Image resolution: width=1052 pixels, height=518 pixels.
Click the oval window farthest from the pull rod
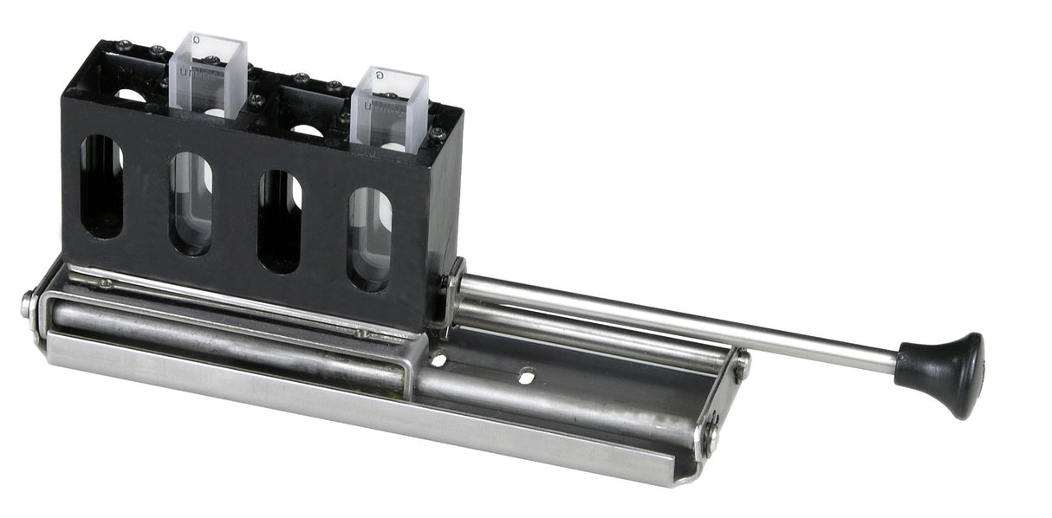(x=102, y=186)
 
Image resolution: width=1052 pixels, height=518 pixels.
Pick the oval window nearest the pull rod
(x=370, y=239)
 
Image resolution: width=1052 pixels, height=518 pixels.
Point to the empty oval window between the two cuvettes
(x=281, y=221)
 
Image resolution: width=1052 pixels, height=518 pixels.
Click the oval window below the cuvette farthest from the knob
(x=192, y=204)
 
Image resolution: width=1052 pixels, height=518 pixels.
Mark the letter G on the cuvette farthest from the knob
(x=198, y=39)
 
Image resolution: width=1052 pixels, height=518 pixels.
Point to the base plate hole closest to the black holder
(x=440, y=359)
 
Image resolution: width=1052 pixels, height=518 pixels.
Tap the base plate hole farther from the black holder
(x=526, y=376)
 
